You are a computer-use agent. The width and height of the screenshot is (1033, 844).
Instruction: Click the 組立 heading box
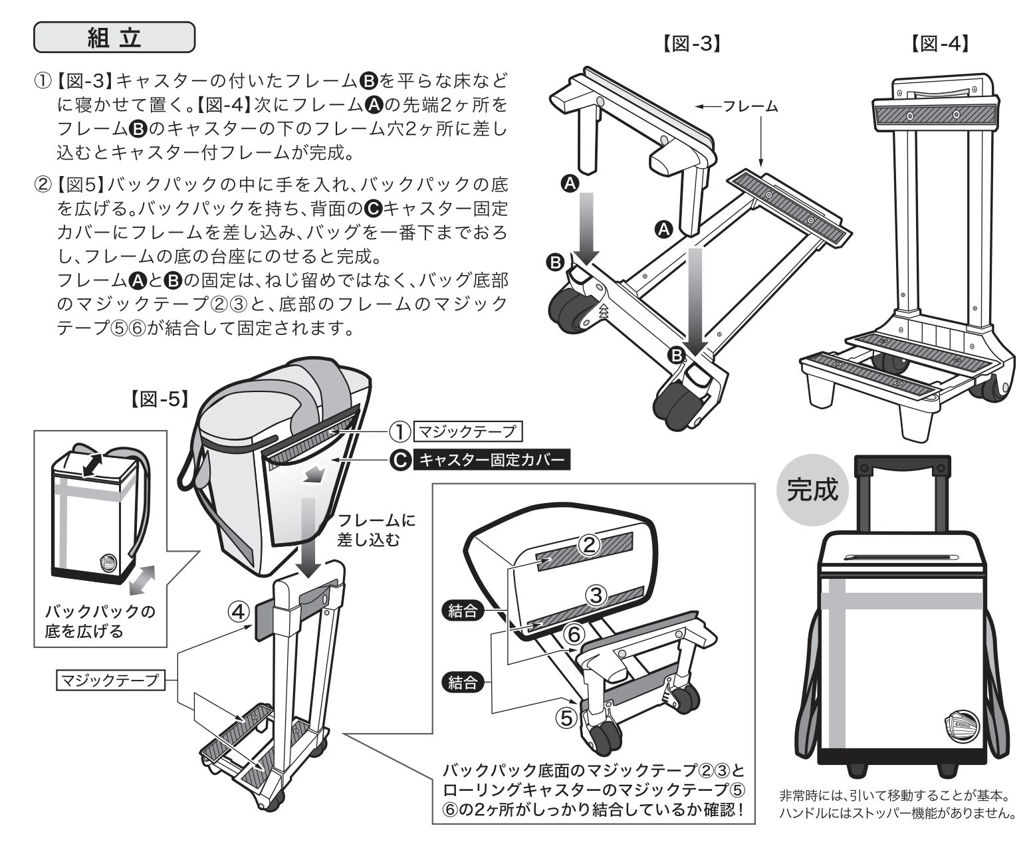pyautogui.click(x=114, y=38)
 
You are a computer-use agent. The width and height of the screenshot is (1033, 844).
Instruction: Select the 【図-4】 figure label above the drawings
pyautogui.click(x=938, y=44)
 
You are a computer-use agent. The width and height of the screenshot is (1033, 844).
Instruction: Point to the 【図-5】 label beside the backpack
pyautogui.click(x=157, y=399)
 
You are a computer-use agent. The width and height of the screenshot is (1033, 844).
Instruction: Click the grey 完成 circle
pyautogui.click(x=813, y=490)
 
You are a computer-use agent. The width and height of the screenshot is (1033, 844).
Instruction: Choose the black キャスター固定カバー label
pyautogui.click(x=491, y=459)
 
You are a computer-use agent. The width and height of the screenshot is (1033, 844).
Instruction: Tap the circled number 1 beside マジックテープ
pyautogui.click(x=399, y=432)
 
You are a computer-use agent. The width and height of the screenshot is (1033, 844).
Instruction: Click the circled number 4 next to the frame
pyautogui.click(x=240, y=610)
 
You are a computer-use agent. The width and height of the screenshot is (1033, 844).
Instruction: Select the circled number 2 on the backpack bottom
pyautogui.click(x=588, y=544)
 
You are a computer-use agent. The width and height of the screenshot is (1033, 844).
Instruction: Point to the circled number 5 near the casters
pyautogui.click(x=565, y=718)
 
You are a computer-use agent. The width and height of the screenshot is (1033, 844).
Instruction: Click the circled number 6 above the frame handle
pyautogui.click(x=574, y=635)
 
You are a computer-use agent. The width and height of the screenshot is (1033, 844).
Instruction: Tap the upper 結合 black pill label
pyautogui.click(x=463, y=611)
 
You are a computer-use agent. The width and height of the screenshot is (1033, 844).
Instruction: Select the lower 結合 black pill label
pyautogui.click(x=463, y=683)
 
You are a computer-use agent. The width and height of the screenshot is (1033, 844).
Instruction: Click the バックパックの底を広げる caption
pyautogui.click(x=100, y=621)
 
